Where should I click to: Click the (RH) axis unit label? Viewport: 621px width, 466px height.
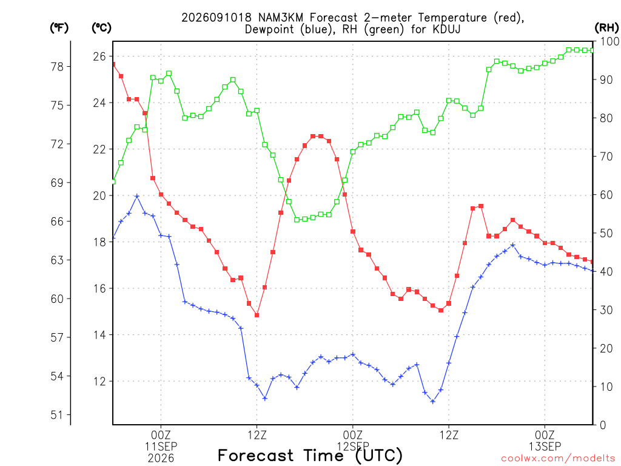(x=606, y=28)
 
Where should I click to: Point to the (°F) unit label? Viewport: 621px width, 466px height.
(x=59, y=28)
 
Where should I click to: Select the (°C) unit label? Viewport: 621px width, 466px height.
(x=101, y=28)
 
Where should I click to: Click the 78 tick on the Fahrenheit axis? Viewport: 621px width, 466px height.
(x=57, y=67)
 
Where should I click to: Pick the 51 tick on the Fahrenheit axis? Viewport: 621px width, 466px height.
(x=57, y=415)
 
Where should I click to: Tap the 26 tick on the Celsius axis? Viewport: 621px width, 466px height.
(x=99, y=56)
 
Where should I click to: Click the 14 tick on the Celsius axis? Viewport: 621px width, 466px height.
(x=99, y=335)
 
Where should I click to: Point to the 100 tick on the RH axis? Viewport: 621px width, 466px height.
(x=610, y=41)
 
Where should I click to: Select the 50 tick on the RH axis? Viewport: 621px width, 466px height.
(x=606, y=233)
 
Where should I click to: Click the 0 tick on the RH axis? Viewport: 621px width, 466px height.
(x=603, y=425)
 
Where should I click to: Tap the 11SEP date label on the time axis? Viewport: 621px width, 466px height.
(x=161, y=447)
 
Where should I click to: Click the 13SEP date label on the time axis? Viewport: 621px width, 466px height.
(x=545, y=447)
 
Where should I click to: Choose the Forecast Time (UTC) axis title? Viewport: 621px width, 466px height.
(x=310, y=456)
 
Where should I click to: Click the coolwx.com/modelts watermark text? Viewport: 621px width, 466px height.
(x=558, y=459)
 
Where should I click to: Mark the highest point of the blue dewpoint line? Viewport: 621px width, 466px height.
(x=137, y=196)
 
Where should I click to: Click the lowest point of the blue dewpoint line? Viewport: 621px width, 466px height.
(x=433, y=402)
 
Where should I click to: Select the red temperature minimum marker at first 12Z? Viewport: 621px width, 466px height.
(x=257, y=316)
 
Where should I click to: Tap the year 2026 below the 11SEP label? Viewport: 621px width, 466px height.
(x=161, y=459)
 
